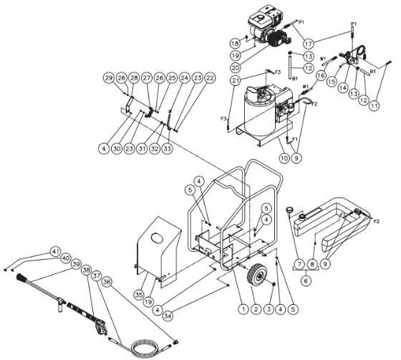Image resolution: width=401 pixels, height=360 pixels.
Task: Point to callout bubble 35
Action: point(139,293)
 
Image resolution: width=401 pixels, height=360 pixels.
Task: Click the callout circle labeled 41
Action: point(55,251)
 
